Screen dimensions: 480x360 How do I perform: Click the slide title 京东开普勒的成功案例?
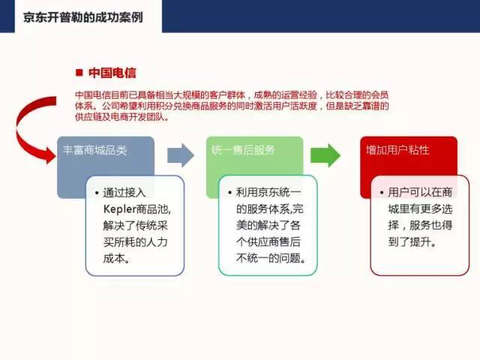[x=83, y=17]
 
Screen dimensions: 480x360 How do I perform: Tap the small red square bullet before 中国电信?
[x=79, y=73]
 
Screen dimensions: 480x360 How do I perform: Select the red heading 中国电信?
[x=112, y=73]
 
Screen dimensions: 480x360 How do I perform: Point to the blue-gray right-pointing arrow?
[x=181, y=155]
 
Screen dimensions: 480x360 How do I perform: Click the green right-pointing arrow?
[x=325, y=155]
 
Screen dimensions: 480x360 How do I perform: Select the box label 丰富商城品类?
[x=94, y=150]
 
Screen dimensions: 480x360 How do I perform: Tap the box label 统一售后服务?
[x=243, y=150]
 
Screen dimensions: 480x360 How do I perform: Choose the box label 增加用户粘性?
[x=397, y=150]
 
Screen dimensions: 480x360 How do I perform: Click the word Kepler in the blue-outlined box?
[x=119, y=209]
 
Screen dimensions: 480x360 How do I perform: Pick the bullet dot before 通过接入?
[x=97, y=193]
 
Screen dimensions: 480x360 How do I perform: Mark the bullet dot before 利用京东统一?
[x=230, y=193]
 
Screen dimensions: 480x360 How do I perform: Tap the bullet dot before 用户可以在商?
[x=382, y=193]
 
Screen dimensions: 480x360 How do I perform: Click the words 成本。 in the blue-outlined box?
[x=117, y=259]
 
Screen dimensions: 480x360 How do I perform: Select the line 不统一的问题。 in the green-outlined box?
[x=271, y=258]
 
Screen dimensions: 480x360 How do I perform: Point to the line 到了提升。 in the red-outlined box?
[x=412, y=241]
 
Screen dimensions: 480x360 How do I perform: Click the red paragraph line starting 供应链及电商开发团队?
[x=121, y=117]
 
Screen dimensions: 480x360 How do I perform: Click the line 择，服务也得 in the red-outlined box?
[x=420, y=225]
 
